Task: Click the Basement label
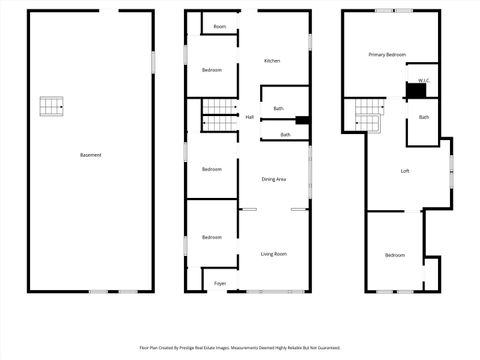(x=91, y=155)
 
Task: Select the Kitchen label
(x=272, y=61)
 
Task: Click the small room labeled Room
(x=219, y=26)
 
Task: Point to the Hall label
(x=249, y=117)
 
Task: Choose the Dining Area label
(x=274, y=179)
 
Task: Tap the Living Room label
(x=274, y=255)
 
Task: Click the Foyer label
(x=220, y=284)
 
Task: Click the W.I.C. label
(x=424, y=79)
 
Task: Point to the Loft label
(x=405, y=171)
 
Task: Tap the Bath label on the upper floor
(x=424, y=118)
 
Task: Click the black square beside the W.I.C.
(x=415, y=91)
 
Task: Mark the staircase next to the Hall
(x=218, y=116)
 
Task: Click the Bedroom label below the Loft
(x=395, y=255)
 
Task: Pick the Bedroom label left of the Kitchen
(x=211, y=70)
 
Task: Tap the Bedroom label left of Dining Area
(x=211, y=169)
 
